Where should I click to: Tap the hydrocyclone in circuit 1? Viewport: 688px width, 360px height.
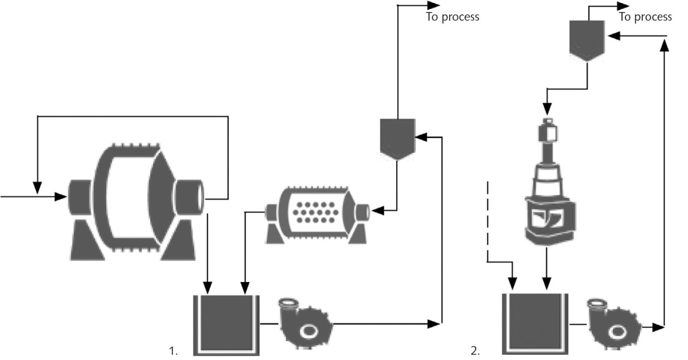[397, 138]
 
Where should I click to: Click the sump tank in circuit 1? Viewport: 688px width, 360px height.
[226, 324]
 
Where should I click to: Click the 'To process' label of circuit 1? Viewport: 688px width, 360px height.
[452, 17]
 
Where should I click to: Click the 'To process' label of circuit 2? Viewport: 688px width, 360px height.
[645, 17]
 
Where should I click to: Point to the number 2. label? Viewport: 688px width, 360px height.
[475, 351]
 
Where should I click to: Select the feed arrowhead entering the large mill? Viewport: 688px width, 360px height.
[62, 197]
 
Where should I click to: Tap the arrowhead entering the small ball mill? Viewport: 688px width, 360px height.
[376, 210]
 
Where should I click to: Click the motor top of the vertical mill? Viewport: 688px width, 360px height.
[547, 132]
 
